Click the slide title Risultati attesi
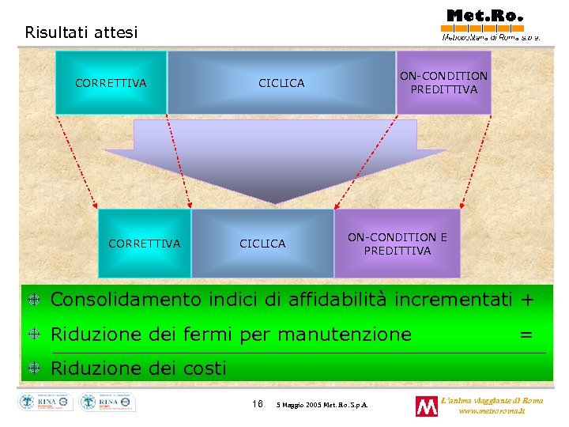[81, 32]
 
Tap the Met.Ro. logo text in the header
[484, 15]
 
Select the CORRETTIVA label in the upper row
[111, 83]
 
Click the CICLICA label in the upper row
[281, 83]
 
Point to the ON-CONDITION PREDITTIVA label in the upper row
[443, 82]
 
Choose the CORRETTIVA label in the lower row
[144, 244]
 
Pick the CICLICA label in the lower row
[262, 244]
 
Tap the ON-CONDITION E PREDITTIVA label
[397, 244]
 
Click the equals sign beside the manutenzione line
[526, 334]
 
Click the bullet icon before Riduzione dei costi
[35, 368]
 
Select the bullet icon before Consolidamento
[35, 300]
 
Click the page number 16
[257, 404]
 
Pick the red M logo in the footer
[426, 406]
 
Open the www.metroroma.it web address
[491, 411]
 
